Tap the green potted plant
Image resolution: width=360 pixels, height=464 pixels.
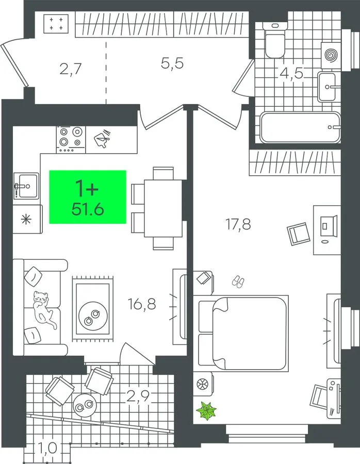(x=207, y=410)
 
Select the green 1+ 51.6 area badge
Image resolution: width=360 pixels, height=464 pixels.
(x=88, y=197)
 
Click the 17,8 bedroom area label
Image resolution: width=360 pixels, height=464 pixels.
(x=238, y=225)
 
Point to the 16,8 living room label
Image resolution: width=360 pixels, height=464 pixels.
(x=142, y=304)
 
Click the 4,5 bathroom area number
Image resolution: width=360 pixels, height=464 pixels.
(x=291, y=73)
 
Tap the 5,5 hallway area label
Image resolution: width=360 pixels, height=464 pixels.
(x=172, y=63)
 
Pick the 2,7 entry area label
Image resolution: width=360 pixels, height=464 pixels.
(x=71, y=70)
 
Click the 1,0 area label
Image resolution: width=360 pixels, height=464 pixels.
(x=47, y=448)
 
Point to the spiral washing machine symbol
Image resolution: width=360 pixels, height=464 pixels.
(x=331, y=55)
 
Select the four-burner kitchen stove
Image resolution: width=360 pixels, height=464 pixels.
(x=71, y=139)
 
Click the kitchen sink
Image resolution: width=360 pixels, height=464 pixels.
(x=26, y=186)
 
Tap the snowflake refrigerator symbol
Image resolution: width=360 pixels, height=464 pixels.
(x=26, y=219)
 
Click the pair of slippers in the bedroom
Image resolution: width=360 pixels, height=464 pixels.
(x=238, y=281)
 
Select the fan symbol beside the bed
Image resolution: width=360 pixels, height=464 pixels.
(x=203, y=385)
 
